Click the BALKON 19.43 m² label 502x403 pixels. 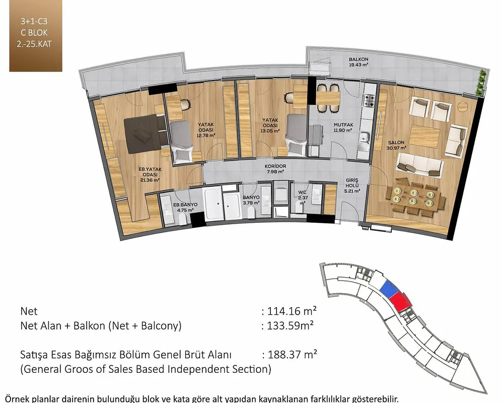358,62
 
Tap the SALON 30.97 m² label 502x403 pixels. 396,145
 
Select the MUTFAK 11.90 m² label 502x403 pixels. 343,127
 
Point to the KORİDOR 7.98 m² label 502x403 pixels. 275,169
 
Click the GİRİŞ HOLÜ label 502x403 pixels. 352,183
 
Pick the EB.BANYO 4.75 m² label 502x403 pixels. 185,207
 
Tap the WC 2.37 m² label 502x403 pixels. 303,197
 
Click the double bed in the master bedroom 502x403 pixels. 147,134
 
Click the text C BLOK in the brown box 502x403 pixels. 34,33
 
